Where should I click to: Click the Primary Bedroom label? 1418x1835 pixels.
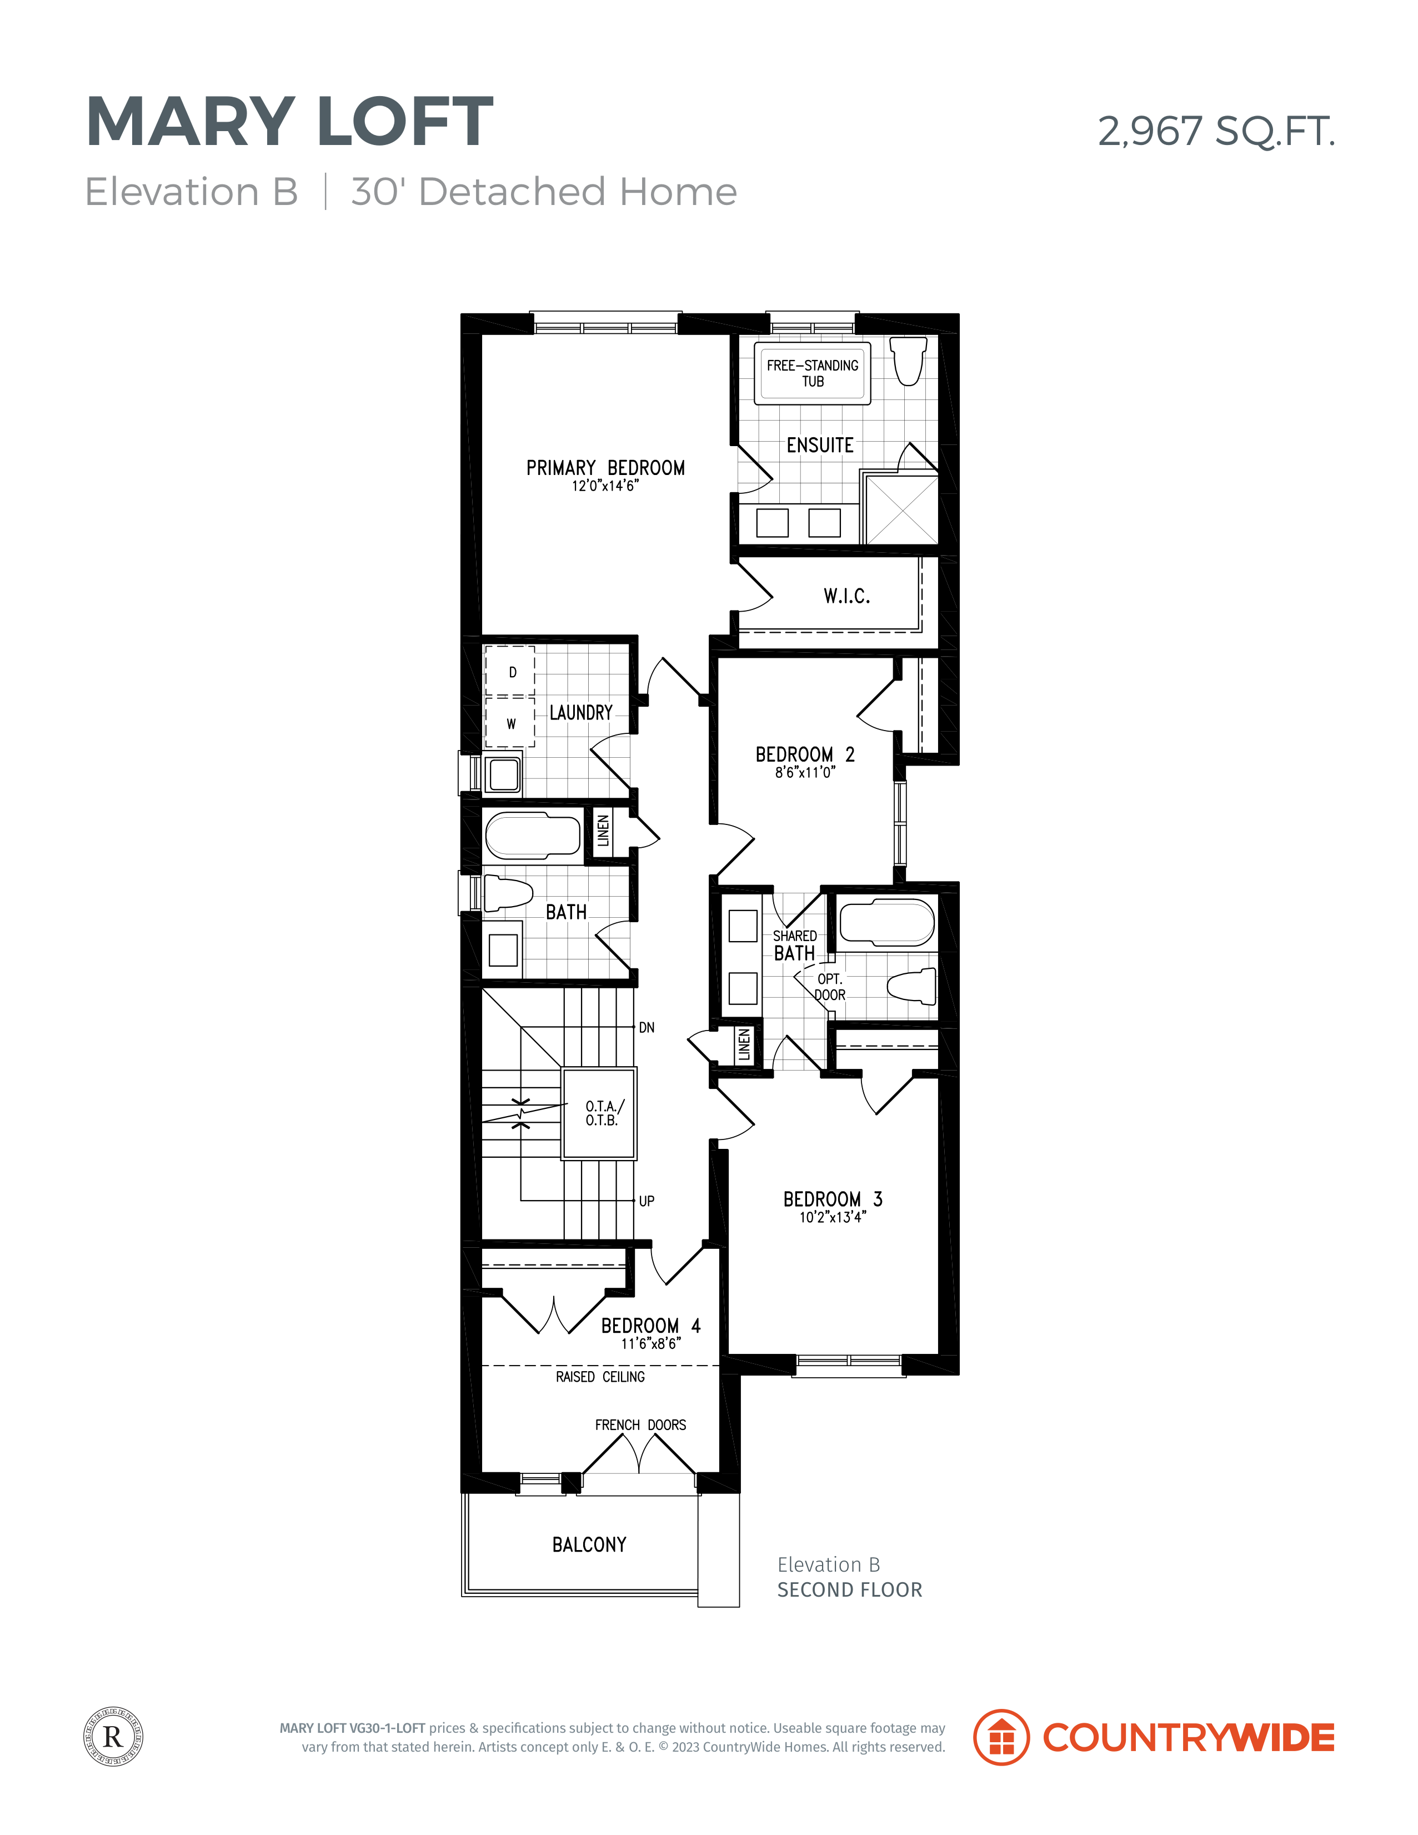coord(605,468)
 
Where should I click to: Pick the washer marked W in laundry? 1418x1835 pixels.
coord(510,723)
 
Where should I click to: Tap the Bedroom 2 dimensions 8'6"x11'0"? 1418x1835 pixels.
coord(805,772)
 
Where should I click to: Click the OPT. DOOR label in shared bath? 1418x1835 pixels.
coord(830,987)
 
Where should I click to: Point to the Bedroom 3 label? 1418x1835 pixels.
coord(833,1199)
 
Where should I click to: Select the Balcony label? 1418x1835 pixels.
coord(589,1544)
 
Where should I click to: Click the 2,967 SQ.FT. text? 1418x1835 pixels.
coord(1216,131)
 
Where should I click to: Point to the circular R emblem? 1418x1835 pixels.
coord(113,1737)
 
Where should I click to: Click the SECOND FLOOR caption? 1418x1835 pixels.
coord(849,1589)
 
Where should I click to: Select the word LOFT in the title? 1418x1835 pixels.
coord(406,122)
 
